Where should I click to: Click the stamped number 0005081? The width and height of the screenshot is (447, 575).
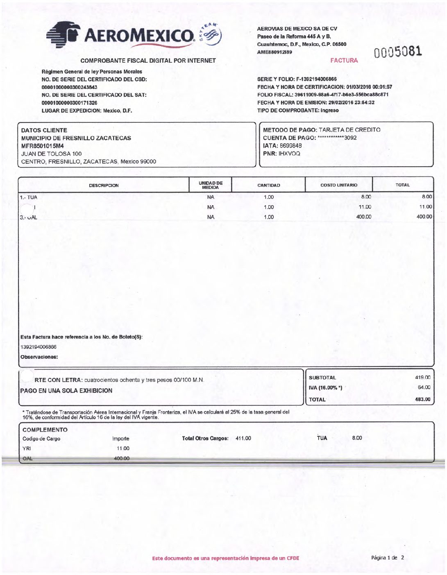397,52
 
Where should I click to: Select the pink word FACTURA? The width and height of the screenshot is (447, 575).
344,61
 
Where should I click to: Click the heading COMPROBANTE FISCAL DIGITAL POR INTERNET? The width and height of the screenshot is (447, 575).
148,61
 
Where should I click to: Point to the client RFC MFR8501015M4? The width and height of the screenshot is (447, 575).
43,146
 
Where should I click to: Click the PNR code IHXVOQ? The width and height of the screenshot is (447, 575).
289,154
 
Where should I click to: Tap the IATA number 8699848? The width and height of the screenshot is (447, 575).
291,146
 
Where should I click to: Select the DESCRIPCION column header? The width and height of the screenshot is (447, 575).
104,186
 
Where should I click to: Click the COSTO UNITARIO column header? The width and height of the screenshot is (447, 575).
339,185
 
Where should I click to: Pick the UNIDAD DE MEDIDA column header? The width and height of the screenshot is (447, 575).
211,185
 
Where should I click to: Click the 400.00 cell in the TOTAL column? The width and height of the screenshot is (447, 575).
424,217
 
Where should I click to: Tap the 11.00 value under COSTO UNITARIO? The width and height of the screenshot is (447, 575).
365,207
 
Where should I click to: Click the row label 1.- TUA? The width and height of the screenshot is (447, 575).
29,197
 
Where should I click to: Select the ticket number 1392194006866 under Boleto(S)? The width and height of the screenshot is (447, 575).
39,347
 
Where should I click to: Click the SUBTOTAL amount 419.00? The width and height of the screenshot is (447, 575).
422,378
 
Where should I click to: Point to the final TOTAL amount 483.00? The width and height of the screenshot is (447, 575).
422,399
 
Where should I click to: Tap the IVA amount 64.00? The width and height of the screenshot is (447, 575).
424,387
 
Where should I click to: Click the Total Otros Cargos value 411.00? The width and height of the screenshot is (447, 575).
243,439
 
